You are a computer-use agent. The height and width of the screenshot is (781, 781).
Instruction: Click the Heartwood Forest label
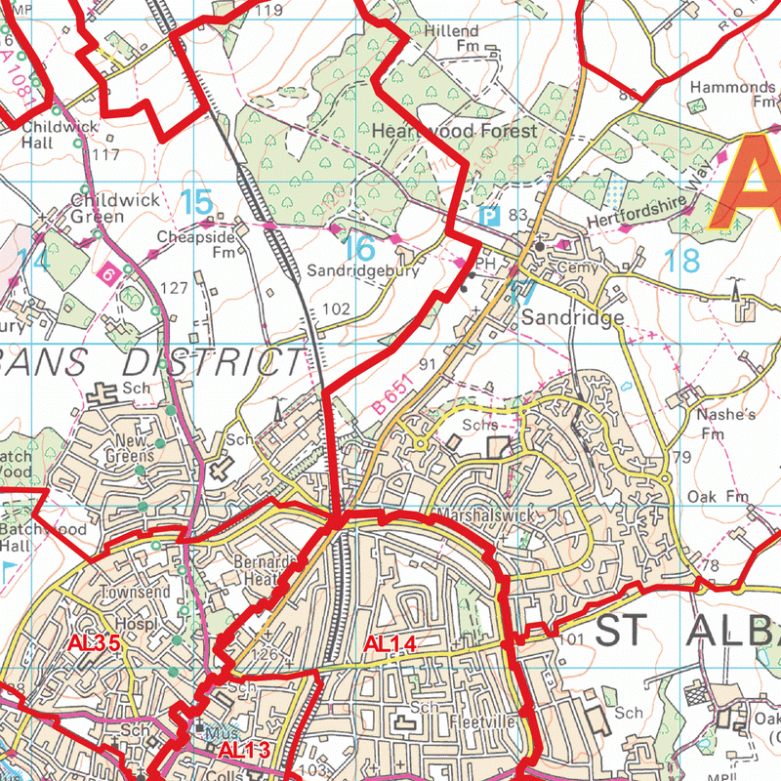(455, 131)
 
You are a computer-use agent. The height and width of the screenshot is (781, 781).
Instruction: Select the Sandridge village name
(571, 318)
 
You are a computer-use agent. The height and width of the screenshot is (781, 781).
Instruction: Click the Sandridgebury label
(364, 272)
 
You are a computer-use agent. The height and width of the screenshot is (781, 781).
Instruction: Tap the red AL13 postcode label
(241, 751)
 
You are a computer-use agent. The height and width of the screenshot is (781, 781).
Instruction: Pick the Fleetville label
(482, 723)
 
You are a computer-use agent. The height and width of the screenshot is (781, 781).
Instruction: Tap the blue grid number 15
(196, 202)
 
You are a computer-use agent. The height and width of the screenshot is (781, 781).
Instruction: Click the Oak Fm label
(718, 497)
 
